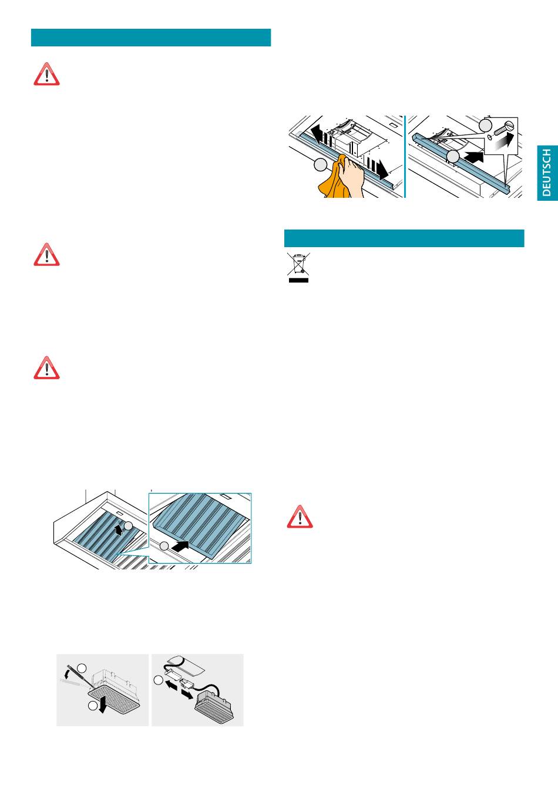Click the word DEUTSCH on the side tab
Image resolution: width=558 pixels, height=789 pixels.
click(x=546, y=172)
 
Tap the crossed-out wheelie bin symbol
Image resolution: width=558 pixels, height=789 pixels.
click(x=298, y=264)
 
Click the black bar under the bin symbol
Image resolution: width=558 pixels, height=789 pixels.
click(x=298, y=281)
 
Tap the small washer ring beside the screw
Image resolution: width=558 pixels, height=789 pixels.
click(x=489, y=136)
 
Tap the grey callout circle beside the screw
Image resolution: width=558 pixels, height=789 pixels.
click(x=485, y=125)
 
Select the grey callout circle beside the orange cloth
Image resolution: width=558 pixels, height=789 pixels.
click(x=321, y=165)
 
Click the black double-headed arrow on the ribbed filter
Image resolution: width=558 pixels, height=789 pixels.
click(x=119, y=530)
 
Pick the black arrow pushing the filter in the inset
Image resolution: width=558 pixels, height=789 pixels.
click(x=180, y=547)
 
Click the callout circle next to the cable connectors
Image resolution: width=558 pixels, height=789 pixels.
click(x=158, y=680)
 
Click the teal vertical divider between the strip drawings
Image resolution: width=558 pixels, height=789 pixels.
click(x=405, y=157)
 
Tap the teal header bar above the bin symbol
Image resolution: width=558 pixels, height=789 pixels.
click(x=404, y=238)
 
